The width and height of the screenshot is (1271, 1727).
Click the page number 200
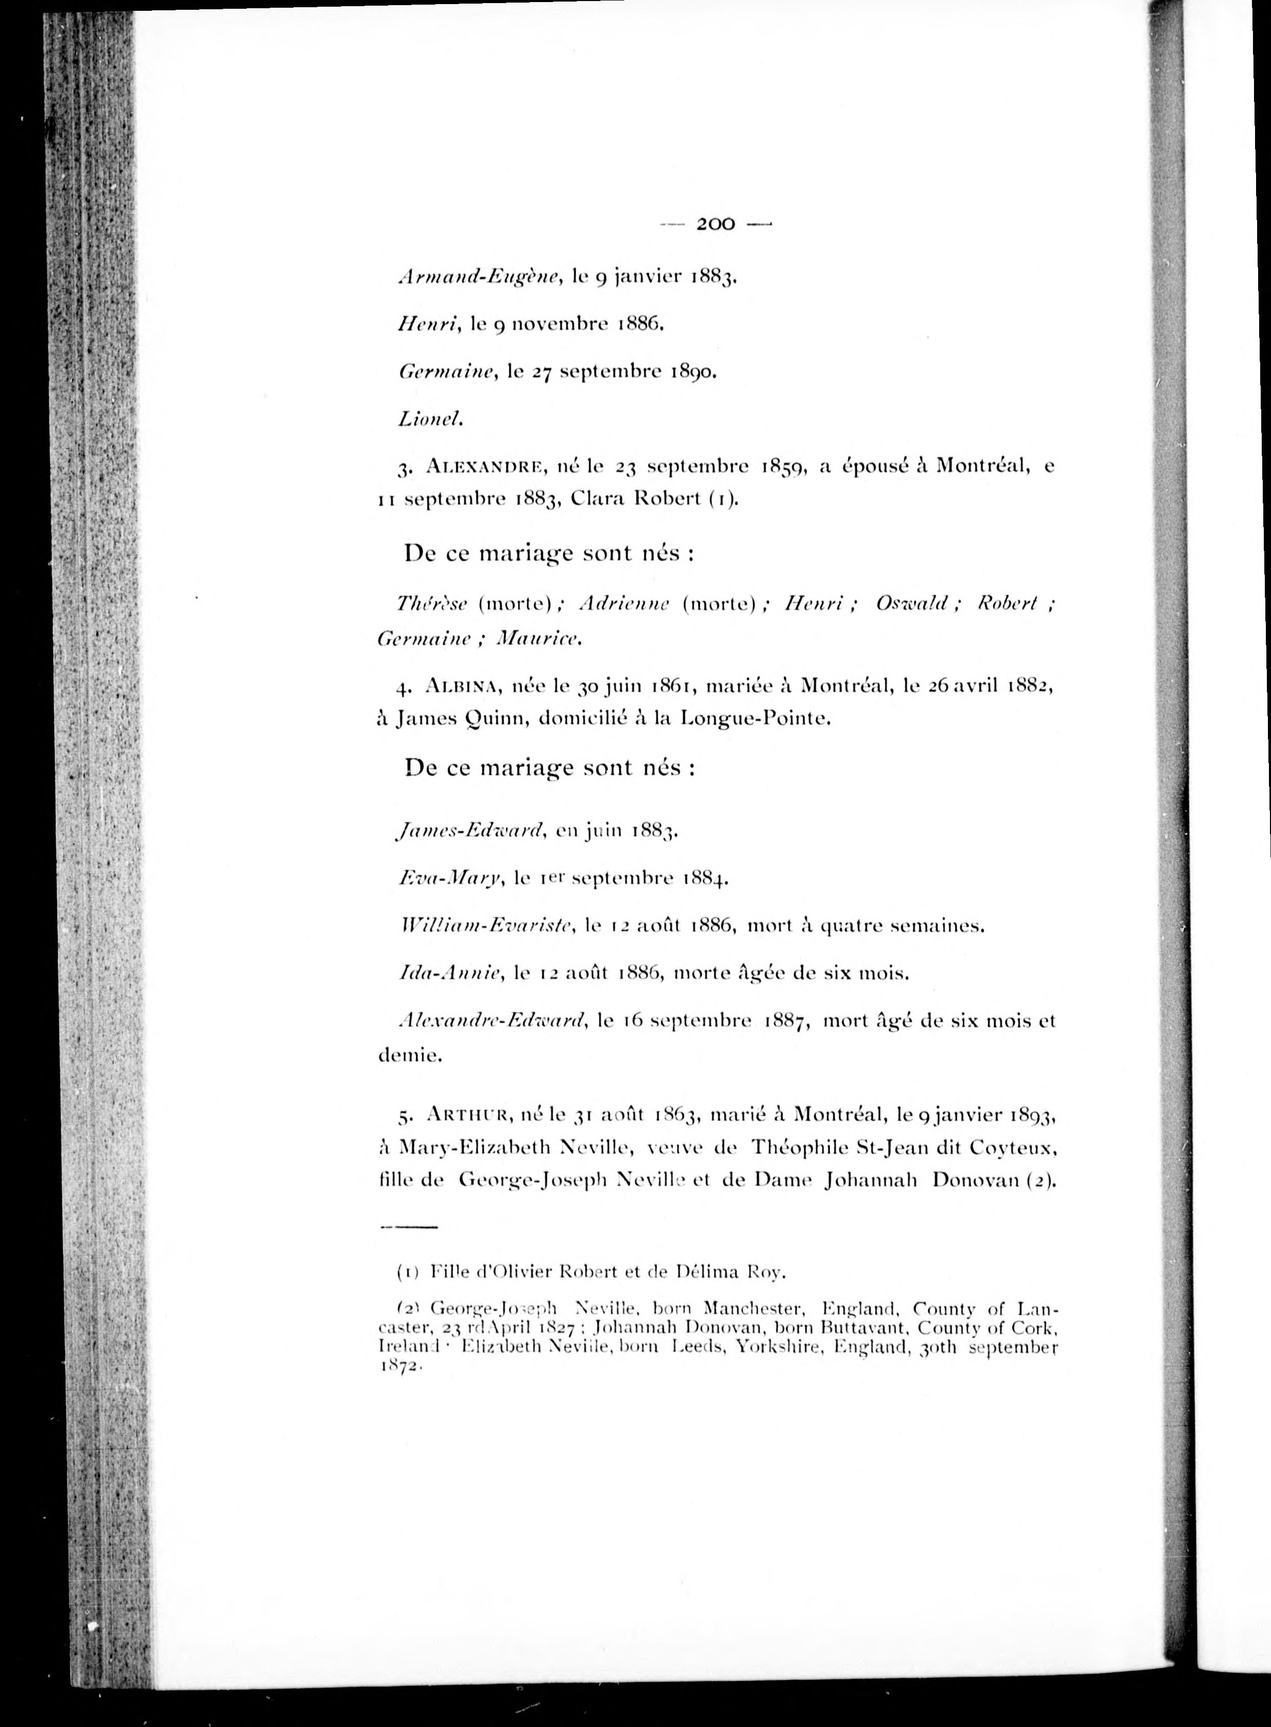point(715,224)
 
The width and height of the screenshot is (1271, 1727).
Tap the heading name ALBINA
point(463,686)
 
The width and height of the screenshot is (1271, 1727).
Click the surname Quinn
point(492,720)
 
